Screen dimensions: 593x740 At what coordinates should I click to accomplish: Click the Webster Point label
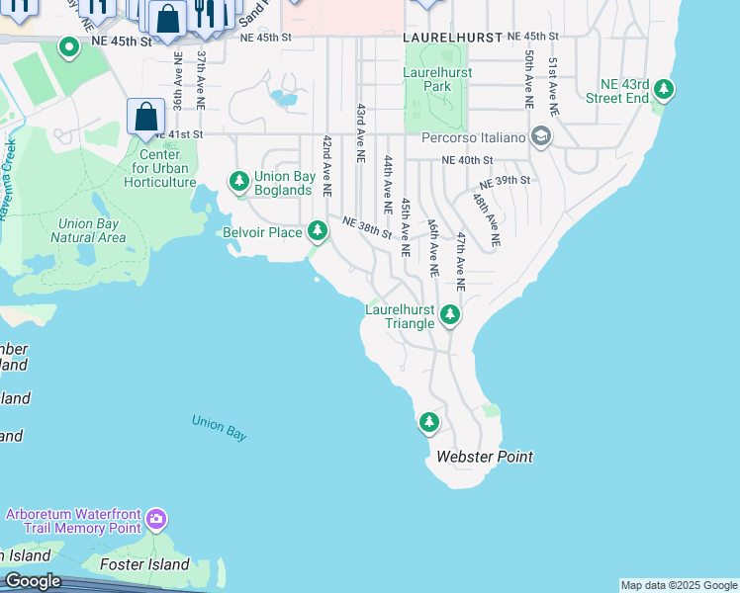(485, 457)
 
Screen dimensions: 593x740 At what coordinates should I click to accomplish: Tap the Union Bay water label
(220, 427)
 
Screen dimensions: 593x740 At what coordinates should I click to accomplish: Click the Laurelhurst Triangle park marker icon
(450, 315)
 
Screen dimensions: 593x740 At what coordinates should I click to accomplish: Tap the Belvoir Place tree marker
(318, 231)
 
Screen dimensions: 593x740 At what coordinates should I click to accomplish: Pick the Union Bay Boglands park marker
(238, 181)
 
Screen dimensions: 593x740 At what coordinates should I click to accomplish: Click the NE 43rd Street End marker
(665, 91)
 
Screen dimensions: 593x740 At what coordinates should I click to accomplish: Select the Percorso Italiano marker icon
(540, 136)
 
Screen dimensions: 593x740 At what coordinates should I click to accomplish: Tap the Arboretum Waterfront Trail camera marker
(156, 519)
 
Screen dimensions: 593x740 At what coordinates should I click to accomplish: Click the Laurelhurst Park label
(437, 79)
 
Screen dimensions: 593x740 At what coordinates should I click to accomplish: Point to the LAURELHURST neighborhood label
(451, 36)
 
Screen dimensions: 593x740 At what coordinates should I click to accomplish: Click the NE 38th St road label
(368, 227)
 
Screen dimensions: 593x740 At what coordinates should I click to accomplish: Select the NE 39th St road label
(506, 182)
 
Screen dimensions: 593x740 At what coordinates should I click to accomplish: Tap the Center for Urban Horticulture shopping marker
(145, 116)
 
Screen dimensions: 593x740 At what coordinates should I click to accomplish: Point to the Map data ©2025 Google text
(679, 585)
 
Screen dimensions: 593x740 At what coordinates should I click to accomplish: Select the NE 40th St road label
(467, 160)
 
